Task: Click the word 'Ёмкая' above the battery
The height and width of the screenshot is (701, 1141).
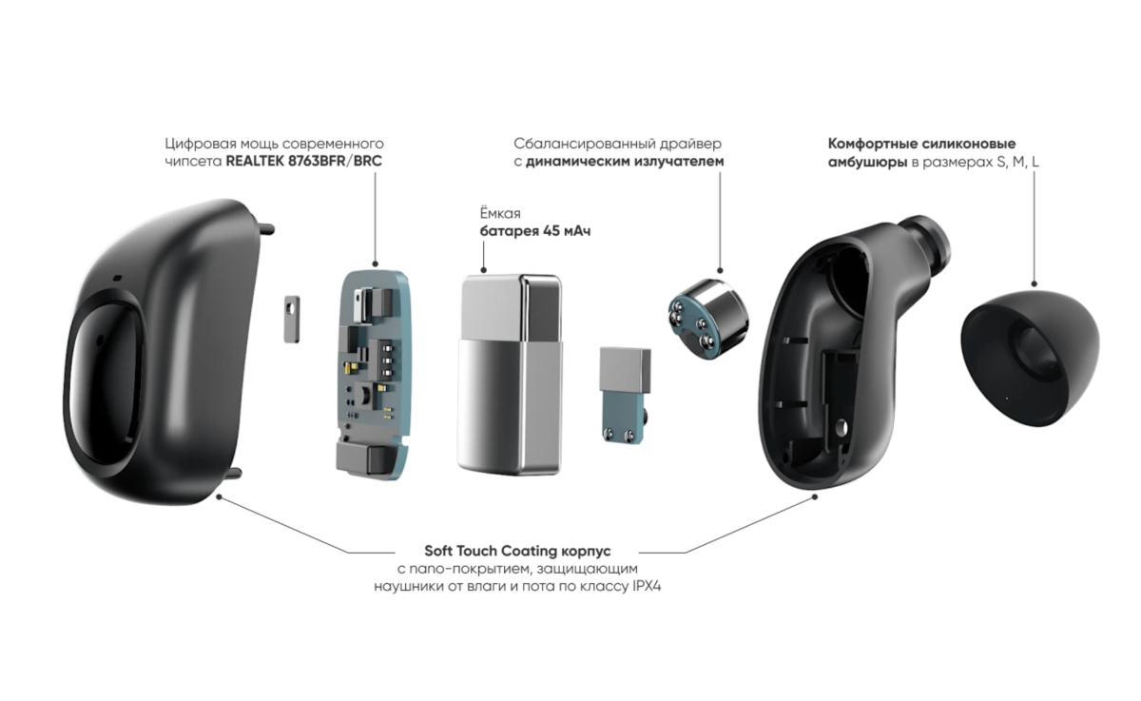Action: point(500,214)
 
